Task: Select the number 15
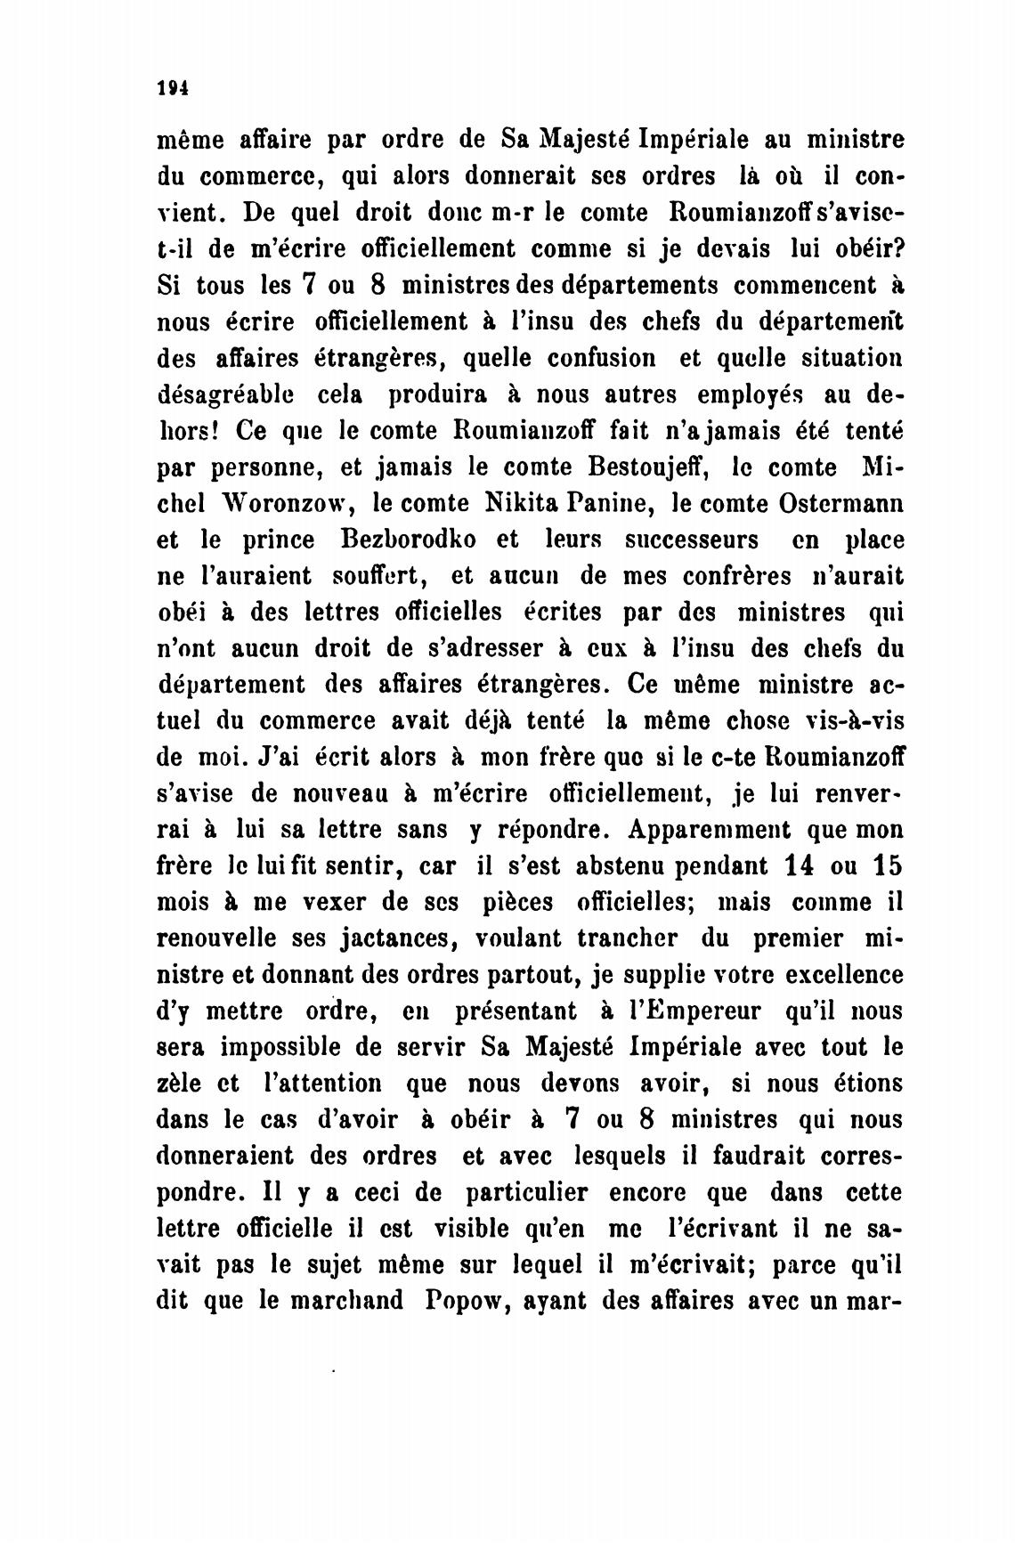tap(882, 866)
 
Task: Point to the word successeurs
tap(692, 540)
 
